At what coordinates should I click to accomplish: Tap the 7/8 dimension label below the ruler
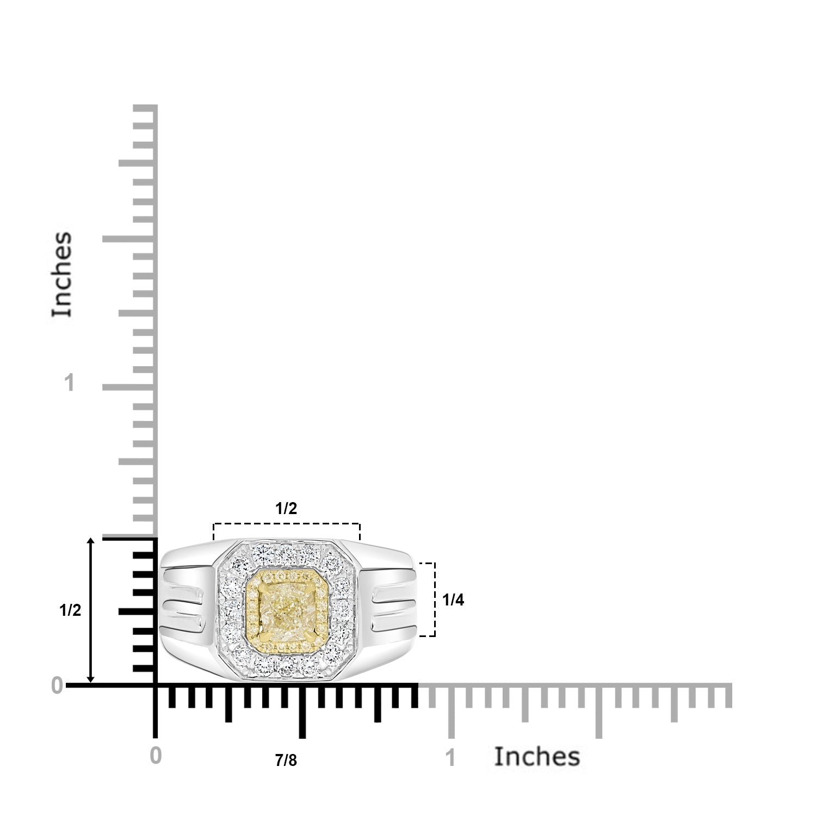[x=286, y=761]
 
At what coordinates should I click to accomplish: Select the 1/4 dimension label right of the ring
[x=453, y=600]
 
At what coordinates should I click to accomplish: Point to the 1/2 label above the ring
[x=286, y=509]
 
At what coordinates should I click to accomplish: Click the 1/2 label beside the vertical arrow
[x=70, y=611]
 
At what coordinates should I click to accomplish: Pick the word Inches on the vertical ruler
[x=62, y=274]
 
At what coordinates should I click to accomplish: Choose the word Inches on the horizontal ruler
[x=537, y=757]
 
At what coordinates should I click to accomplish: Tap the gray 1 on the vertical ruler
[x=69, y=384]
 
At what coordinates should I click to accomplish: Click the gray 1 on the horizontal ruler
[x=450, y=758]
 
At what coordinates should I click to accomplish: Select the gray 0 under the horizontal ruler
[x=156, y=757]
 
